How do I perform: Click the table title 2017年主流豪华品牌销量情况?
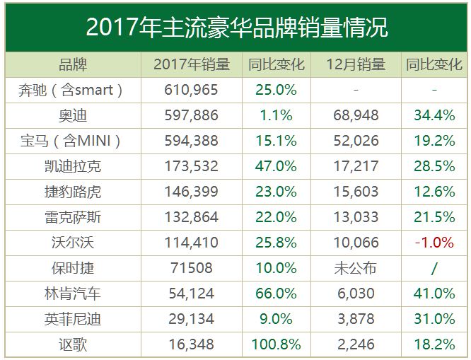coord(236,27)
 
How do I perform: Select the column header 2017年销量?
coord(192,65)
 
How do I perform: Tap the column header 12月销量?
coord(356,65)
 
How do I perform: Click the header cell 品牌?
coord(72,65)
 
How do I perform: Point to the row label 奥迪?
coord(71,115)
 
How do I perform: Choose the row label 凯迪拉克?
coord(71,166)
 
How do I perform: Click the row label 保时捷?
coord(71,268)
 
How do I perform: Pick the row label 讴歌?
coord(71,344)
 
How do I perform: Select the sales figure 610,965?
coord(191,90)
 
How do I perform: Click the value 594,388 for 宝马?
coord(191,141)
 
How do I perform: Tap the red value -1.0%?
coord(434,243)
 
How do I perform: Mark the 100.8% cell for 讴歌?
coord(276,344)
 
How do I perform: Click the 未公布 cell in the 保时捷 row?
coord(356,268)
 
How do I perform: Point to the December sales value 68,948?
coord(356,115)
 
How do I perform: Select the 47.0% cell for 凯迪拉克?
coord(276,166)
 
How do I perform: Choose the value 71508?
coord(191,268)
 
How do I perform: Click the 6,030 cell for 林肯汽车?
coord(356,294)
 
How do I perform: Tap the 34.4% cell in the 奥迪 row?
coord(434,115)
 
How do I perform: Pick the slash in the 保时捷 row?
coord(434,268)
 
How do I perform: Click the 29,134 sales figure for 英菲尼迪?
coord(191,319)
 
